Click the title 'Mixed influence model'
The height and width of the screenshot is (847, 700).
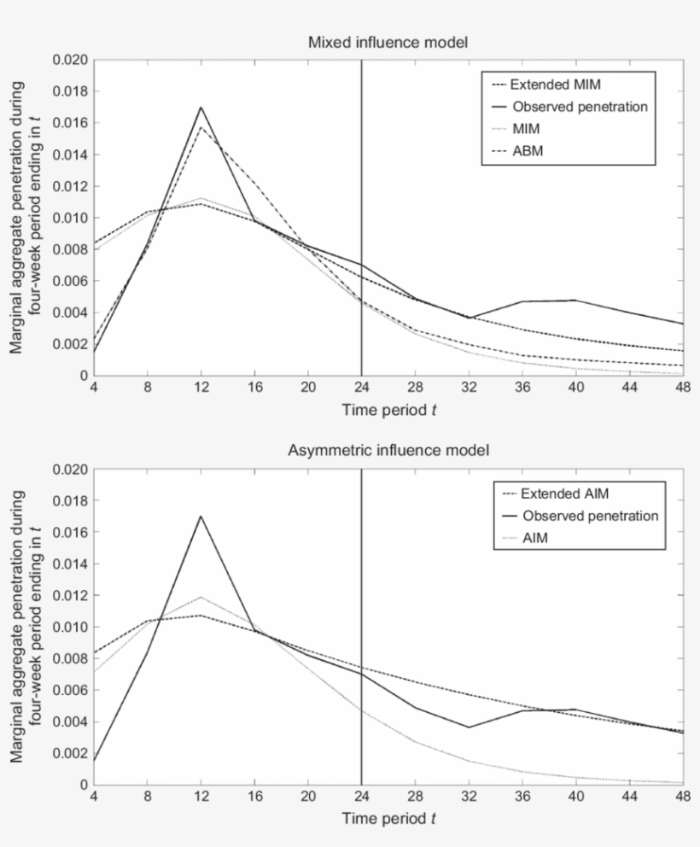(x=388, y=42)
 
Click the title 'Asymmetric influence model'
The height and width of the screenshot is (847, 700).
(x=388, y=451)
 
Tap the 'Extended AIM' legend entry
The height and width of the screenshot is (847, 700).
(x=564, y=494)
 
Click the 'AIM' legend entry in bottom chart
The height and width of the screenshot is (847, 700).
(x=536, y=538)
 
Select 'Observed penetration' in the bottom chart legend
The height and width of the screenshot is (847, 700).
(x=590, y=516)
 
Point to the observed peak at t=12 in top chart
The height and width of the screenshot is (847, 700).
(x=201, y=108)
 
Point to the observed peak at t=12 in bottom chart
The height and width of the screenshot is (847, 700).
(x=201, y=516)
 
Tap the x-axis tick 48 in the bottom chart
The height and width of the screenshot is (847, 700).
(x=683, y=796)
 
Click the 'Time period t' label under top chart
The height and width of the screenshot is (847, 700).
(x=388, y=409)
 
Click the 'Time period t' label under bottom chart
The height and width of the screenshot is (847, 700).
(x=388, y=818)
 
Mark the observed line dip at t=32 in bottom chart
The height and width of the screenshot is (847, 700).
(x=469, y=727)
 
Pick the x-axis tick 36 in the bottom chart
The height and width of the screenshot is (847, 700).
(x=522, y=796)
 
